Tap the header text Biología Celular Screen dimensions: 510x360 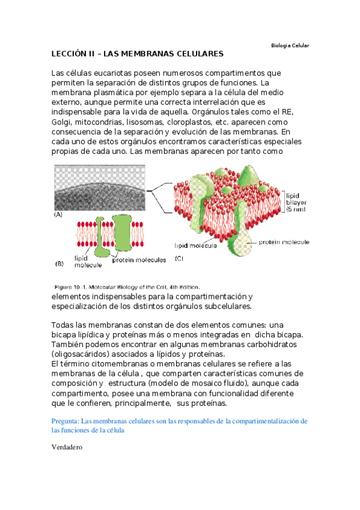tap(290, 46)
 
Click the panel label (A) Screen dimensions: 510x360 tap(59, 214)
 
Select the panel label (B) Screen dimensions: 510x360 tap(59, 263)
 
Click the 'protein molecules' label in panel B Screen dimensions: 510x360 tap(141, 260)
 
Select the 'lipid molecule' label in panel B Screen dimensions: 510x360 tap(85, 260)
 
